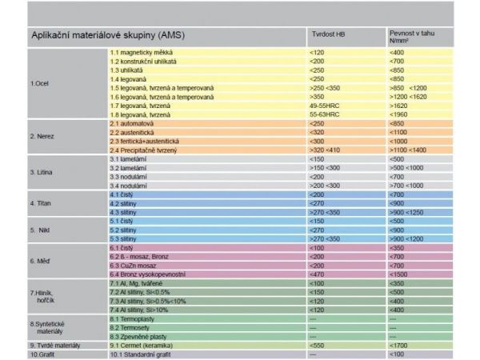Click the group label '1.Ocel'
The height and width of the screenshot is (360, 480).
click(x=40, y=84)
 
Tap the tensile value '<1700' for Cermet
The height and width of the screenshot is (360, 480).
click(x=398, y=344)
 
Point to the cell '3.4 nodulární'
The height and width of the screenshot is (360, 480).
click(x=131, y=185)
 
